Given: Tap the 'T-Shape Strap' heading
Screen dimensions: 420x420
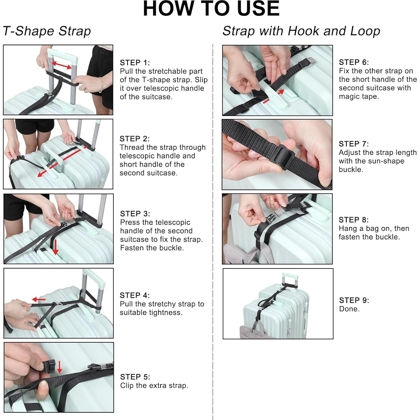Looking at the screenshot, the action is click(x=47, y=31).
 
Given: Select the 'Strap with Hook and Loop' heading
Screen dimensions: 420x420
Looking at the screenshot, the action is click(x=301, y=31).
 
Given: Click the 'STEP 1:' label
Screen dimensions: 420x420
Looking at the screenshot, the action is click(x=135, y=62).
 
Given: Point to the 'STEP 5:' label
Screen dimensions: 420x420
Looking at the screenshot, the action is click(x=135, y=377).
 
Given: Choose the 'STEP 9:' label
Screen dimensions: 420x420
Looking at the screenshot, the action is click(x=354, y=300).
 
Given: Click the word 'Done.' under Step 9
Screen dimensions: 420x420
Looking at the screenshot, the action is click(x=349, y=309).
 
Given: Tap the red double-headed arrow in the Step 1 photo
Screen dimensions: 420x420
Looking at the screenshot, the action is click(x=61, y=65).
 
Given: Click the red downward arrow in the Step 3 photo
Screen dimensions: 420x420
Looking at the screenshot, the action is click(x=55, y=247).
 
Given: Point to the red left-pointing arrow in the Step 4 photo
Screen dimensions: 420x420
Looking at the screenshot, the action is click(x=38, y=299).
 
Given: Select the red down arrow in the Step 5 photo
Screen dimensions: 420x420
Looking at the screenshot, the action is click(x=59, y=367).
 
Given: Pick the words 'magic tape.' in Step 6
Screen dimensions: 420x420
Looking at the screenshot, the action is click(x=359, y=96).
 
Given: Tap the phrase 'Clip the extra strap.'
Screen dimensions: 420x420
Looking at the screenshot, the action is click(x=154, y=386).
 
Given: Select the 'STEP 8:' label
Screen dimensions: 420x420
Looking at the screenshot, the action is click(x=354, y=220).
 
